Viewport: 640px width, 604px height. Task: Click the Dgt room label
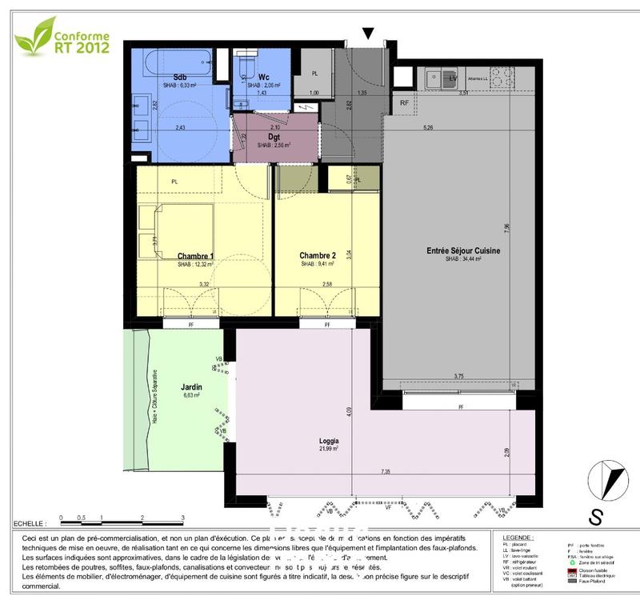pos(274,137)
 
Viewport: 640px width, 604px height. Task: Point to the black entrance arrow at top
pos(368,33)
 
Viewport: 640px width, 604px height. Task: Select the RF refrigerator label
pos(404,102)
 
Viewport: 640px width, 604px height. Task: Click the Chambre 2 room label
pos(318,255)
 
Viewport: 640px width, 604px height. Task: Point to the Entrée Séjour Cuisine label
pos(463,251)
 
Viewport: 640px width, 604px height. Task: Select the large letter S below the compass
pos(595,518)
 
